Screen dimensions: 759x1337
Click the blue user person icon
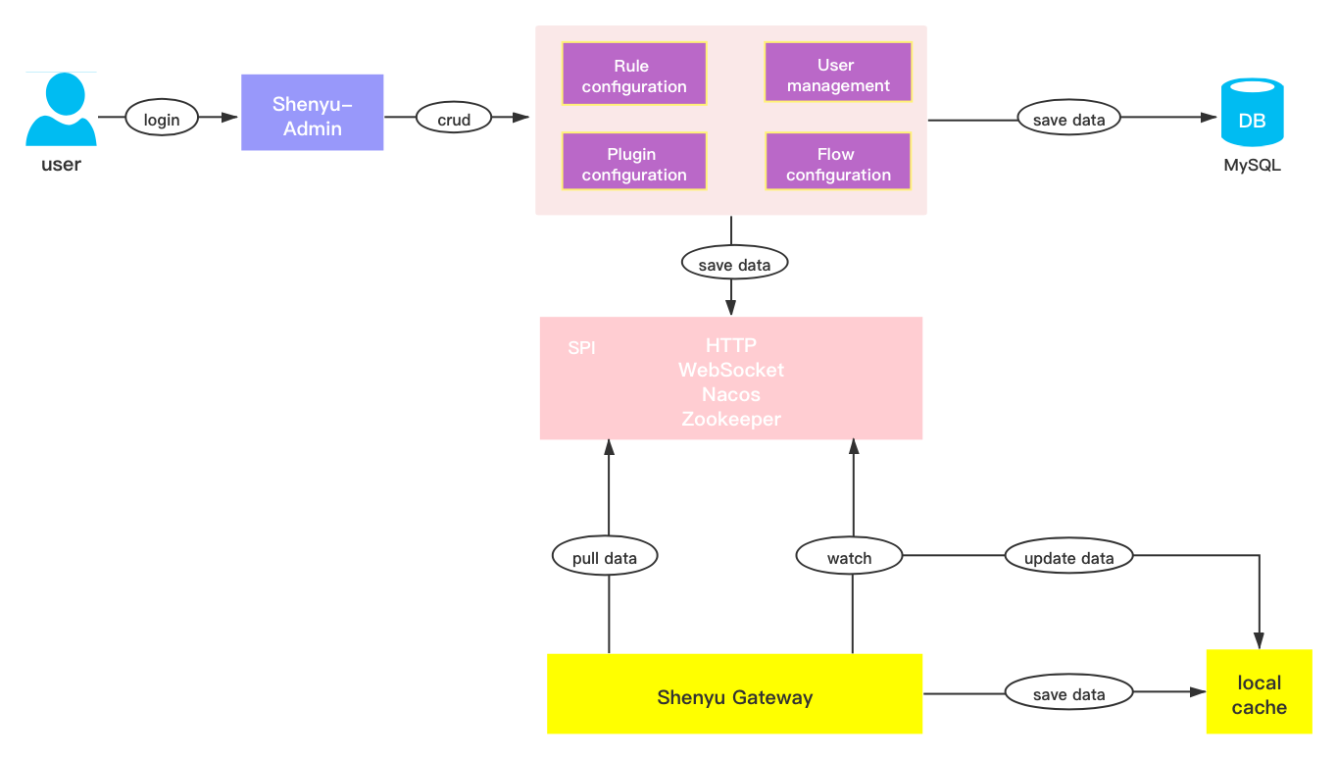click(61, 111)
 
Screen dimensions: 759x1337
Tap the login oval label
click(162, 119)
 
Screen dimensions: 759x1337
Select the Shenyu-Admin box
click(313, 113)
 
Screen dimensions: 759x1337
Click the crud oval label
click(454, 119)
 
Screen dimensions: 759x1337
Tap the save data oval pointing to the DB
click(1068, 120)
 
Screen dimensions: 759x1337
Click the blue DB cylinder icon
click(1252, 113)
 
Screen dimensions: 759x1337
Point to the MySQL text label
click(1252, 166)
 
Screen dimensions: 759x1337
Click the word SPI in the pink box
click(581, 348)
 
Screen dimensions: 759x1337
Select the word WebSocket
click(731, 370)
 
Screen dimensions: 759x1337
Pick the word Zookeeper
click(731, 419)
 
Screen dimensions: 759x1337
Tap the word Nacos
click(731, 394)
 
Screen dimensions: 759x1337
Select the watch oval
click(849, 557)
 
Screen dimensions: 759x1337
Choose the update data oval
click(1068, 557)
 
